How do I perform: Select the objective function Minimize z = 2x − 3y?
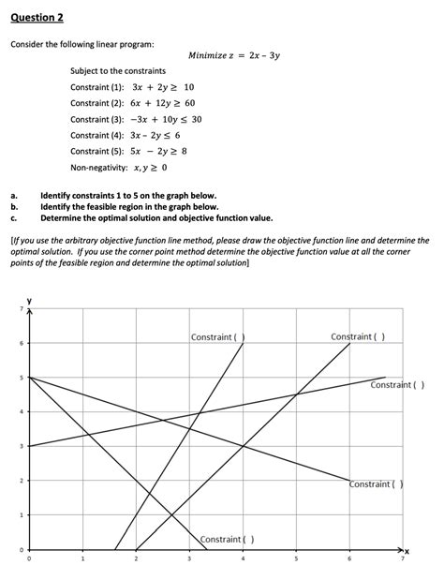tap(234, 55)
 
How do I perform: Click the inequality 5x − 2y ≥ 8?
tap(154, 151)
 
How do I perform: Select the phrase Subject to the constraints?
tap(118, 71)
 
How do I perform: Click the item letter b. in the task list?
tap(14, 206)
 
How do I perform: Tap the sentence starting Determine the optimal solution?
tap(156, 216)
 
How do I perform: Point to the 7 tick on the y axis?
tap(18, 308)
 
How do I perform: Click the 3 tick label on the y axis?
tap(18, 446)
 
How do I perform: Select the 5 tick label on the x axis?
tap(296, 559)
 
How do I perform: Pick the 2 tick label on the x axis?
tap(136, 559)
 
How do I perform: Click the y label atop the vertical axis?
tap(29, 301)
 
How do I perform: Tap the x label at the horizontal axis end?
tap(408, 550)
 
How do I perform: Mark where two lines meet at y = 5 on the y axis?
tap(30, 377)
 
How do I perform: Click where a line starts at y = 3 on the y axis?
tap(30, 446)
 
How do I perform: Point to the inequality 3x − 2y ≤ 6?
tap(156, 135)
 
